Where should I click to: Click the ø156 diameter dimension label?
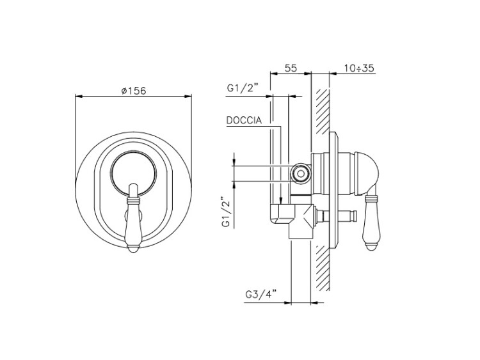click(134, 91)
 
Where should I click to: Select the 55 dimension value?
click(291, 68)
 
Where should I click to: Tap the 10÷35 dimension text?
click(359, 68)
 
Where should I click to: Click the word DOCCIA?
click(244, 120)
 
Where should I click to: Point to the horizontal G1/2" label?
click(243, 88)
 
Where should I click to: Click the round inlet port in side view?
click(301, 174)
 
